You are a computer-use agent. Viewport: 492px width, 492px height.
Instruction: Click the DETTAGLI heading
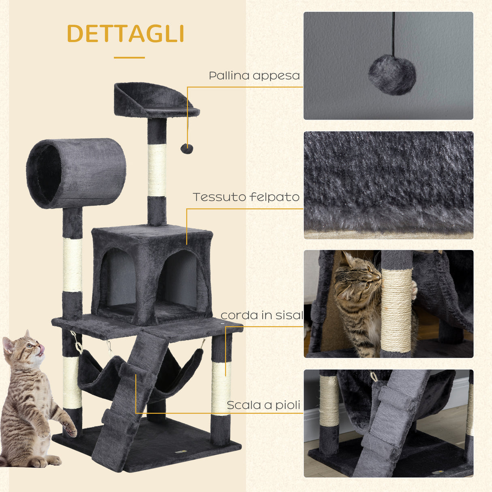point(126,34)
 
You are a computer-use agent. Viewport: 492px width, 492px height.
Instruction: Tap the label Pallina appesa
point(254,76)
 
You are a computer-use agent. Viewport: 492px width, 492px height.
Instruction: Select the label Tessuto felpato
point(246,197)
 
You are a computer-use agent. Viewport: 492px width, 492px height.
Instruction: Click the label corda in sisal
point(262,315)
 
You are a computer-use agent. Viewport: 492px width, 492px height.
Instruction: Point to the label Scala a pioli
point(263,405)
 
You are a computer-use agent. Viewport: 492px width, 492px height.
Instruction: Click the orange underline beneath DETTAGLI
point(129,58)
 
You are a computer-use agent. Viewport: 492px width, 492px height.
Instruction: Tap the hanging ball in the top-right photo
point(392,75)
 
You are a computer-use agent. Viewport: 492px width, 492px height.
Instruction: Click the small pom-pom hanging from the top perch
point(186,149)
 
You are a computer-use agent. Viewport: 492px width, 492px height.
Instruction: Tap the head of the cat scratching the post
point(359,276)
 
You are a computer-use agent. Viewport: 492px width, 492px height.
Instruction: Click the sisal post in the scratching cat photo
point(396,310)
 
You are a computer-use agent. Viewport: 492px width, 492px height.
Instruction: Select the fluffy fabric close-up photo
point(388,185)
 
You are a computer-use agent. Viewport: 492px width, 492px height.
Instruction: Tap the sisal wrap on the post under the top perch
point(157,170)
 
